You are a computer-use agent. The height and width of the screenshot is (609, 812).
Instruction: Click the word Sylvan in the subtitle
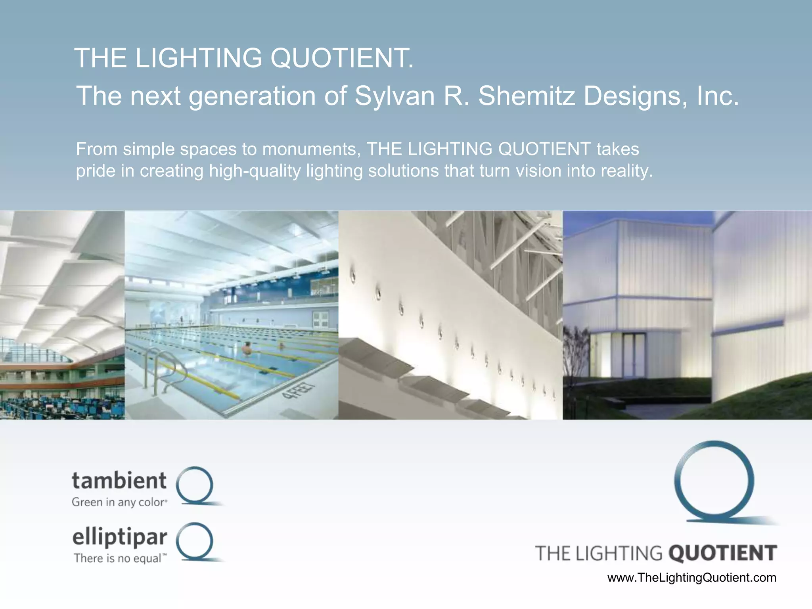click(x=394, y=96)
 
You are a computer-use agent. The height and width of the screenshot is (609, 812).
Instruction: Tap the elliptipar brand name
click(x=119, y=537)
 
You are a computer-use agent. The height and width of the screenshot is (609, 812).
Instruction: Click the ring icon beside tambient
click(x=195, y=486)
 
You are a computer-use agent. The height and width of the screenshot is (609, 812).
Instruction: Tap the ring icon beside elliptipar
click(x=195, y=542)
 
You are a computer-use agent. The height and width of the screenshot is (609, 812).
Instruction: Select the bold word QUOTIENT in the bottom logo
click(x=723, y=553)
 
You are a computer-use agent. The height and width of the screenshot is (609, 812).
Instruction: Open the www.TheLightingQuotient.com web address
click(x=692, y=578)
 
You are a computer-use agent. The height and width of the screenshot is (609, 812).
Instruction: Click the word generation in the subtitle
click(x=252, y=96)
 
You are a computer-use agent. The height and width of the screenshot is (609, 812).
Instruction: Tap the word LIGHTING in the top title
click(x=199, y=58)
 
